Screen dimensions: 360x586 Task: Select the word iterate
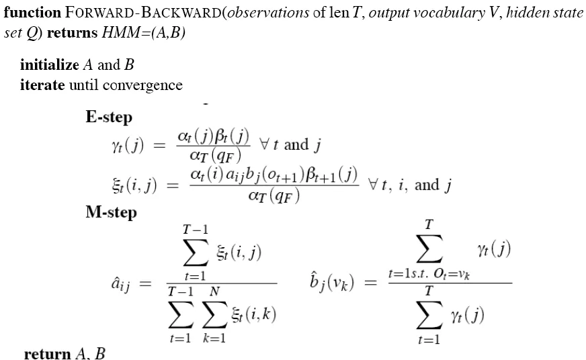pos(42,85)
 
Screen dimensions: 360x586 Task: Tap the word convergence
pos(149,85)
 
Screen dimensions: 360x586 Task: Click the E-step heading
pos(109,118)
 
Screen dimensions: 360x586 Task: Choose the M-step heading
pos(111,213)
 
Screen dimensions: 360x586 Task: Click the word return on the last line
pos(47,353)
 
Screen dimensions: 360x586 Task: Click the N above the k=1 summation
pos(214,291)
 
